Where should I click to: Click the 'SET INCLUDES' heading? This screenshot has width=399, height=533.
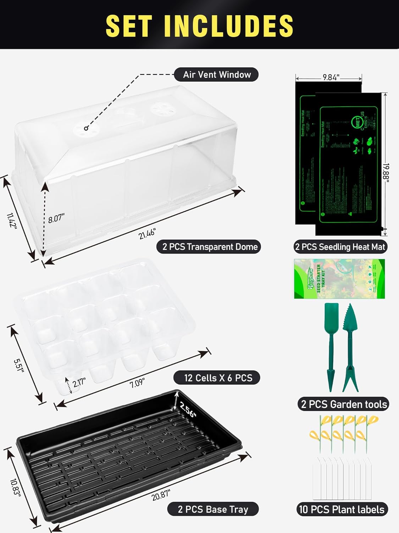coord(199,26)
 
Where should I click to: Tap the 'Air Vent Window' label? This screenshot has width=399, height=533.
coord(216,75)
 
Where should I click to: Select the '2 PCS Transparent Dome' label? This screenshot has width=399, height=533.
coord(210,247)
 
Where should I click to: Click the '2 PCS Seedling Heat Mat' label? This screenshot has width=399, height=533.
coord(340,247)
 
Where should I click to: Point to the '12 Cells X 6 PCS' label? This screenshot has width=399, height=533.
coord(218,378)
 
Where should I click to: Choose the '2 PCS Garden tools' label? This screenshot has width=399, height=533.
coord(343,404)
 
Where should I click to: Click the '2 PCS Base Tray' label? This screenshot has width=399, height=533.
coord(213,509)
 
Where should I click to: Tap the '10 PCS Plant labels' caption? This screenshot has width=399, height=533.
coord(342,510)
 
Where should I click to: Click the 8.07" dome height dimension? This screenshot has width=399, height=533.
coord(56,218)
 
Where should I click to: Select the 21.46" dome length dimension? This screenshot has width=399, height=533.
coord(147,234)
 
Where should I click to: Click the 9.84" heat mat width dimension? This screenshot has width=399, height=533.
coord(331,77)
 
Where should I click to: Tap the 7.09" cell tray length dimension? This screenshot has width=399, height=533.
coord(137,383)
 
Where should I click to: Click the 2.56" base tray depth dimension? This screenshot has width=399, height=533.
coord(188,409)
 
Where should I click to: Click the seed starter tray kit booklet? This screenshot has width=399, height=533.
coord(339,279)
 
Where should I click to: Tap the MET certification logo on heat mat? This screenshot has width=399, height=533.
coord(357,124)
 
